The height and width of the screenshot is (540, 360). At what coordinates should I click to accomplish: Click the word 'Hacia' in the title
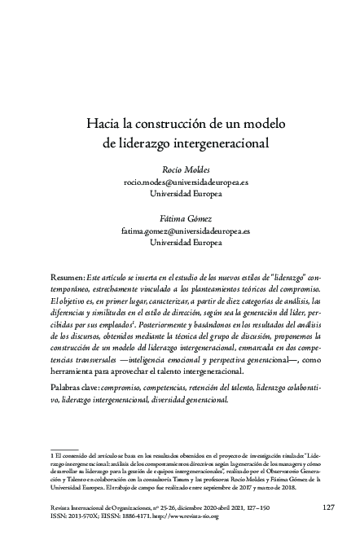(x=106, y=125)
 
